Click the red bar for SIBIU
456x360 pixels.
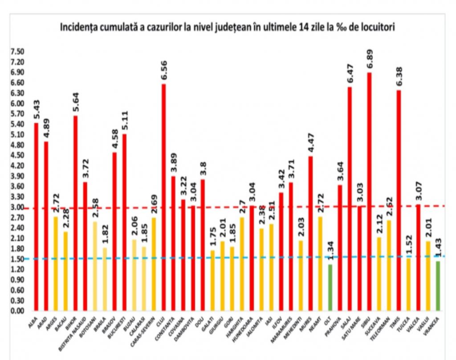click(x=370, y=191)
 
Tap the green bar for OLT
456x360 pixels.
click(x=330, y=287)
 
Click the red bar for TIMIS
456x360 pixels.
click(x=399, y=200)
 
